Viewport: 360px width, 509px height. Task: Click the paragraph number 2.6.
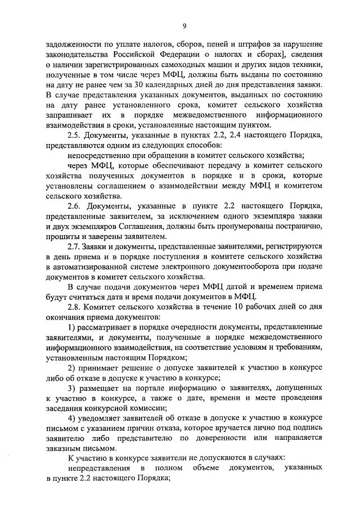pos(74,205)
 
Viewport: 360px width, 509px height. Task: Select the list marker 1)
pos(71,327)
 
